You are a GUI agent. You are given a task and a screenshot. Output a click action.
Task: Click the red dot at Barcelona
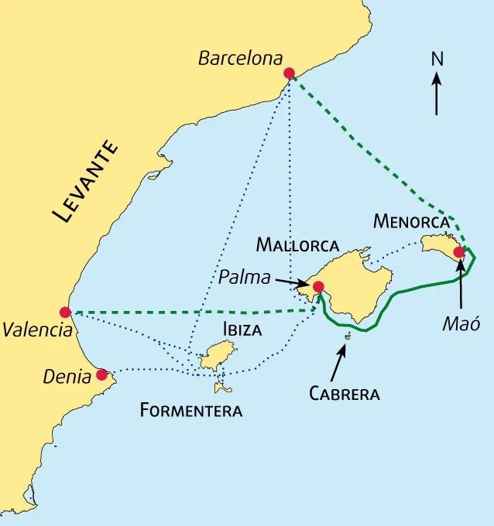click(x=289, y=73)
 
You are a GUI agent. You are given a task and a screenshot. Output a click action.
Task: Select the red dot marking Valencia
click(x=65, y=312)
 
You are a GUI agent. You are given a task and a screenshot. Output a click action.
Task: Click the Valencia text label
click(x=38, y=330)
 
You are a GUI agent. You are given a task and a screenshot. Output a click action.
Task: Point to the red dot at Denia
click(x=101, y=374)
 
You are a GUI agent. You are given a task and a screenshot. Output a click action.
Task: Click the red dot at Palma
click(x=317, y=287)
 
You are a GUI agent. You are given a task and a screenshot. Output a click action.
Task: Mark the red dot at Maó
click(x=458, y=251)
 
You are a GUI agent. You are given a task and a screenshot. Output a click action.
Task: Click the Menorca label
click(x=411, y=221)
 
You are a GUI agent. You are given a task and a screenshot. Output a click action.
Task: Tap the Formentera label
click(x=191, y=409)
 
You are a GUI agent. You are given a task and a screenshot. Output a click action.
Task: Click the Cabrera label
click(x=344, y=394)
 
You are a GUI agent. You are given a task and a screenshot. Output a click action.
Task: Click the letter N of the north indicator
click(x=437, y=58)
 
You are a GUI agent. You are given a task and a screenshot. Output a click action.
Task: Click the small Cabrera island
click(x=348, y=336)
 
